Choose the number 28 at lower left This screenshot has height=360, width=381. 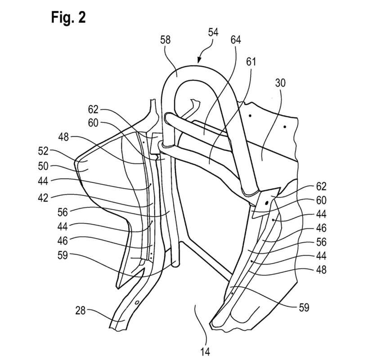pos(80,310)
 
